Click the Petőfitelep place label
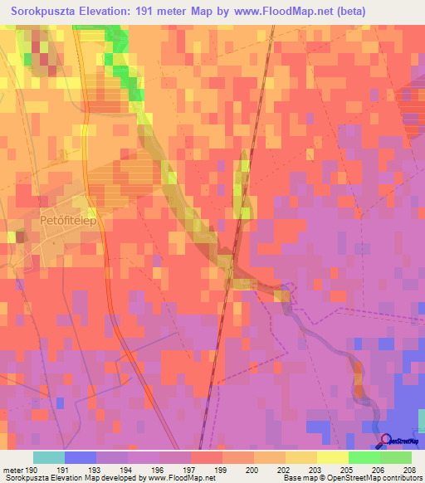[57, 222]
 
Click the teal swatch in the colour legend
[49, 457]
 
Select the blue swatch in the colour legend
[81, 457]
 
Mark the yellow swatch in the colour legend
[332, 457]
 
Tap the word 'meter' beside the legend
[12, 469]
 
